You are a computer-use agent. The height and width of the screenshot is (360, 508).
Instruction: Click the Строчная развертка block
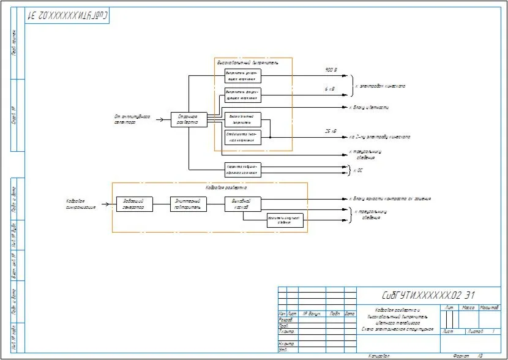(189, 119)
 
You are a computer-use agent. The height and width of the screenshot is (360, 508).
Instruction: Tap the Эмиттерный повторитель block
(189, 204)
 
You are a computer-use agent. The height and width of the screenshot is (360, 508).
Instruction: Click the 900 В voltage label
(331, 70)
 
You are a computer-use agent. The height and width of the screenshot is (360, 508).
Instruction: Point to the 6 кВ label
(330, 89)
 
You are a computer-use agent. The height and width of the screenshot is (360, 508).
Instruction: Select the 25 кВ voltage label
(331, 131)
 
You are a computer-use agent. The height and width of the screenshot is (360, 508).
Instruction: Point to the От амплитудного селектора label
(132, 119)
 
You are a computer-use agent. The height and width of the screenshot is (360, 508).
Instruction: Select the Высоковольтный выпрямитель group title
(248, 62)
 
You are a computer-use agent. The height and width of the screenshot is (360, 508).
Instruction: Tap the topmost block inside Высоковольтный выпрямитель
(243, 76)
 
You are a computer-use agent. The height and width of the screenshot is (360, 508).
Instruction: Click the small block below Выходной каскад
(285, 221)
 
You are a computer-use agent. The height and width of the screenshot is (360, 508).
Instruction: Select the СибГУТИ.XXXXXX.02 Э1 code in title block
(428, 295)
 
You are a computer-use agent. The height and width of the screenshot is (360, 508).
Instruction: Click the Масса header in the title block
(468, 307)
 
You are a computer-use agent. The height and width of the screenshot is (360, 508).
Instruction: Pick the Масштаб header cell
(489, 307)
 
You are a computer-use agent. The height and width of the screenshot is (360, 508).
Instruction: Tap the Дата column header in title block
(349, 313)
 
